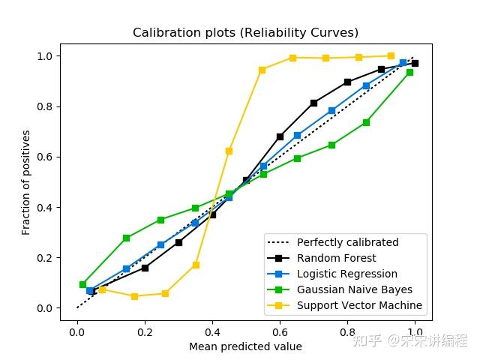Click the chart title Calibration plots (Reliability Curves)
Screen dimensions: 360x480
point(245,33)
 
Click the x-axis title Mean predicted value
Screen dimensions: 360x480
point(245,346)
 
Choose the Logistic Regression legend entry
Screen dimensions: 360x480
point(346,274)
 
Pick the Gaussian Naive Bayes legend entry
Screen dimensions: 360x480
point(354,289)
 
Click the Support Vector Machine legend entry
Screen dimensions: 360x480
point(359,305)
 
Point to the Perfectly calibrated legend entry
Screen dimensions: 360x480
point(347,242)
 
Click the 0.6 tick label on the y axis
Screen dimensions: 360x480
point(45,157)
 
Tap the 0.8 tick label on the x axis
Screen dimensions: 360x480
point(347,332)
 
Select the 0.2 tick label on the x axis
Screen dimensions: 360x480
point(144,332)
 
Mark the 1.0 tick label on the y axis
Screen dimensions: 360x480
point(45,56)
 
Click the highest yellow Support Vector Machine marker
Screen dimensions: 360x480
point(391,55)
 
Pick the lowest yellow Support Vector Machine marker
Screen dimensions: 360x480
point(134,296)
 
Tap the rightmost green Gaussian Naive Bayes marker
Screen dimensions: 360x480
point(409,72)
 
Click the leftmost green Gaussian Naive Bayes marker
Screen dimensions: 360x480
point(82,284)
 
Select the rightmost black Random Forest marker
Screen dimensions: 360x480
point(415,63)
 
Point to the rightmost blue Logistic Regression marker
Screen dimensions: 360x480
point(403,63)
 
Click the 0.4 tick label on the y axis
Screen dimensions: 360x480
point(45,208)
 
